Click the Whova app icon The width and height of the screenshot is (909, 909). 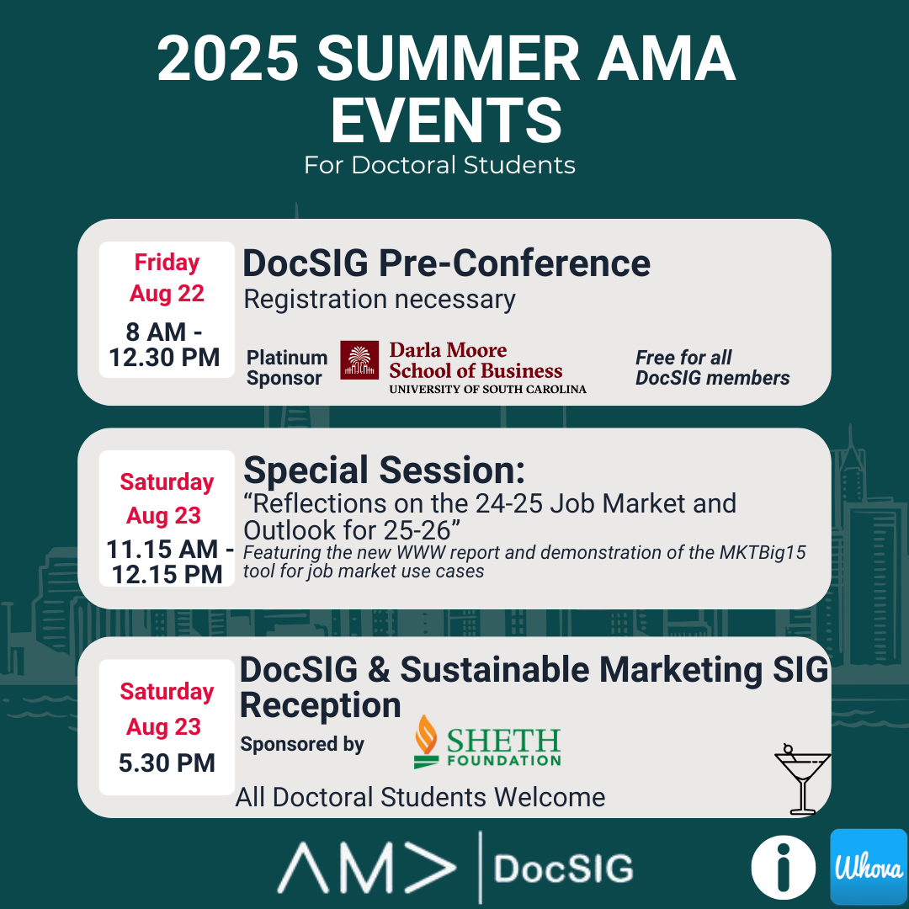[869, 866]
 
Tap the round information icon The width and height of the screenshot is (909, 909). [784, 867]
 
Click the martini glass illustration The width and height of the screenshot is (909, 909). [802, 779]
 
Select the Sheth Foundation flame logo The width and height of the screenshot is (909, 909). [426, 742]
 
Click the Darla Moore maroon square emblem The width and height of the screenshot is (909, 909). [359, 360]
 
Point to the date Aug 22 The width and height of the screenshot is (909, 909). [167, 294]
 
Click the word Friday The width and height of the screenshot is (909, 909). [167, 263]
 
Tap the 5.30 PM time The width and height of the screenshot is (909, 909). [167, 763]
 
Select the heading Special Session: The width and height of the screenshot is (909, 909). [384, 470]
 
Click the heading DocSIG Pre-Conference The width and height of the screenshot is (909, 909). [446, 263]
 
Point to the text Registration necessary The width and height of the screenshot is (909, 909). [379, 300]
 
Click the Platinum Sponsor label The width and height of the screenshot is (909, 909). [287, 368]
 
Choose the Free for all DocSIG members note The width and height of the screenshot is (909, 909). [713, 368]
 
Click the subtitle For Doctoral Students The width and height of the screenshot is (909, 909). [439, 165]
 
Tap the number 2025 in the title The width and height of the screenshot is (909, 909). [228, 59]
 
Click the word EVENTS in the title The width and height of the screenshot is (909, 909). [446, 120]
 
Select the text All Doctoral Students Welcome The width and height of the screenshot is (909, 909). [420, 797]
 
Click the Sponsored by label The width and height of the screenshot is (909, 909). [302, 744]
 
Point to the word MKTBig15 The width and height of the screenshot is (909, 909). [763, 552]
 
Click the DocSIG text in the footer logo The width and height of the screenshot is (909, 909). [563, 869]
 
